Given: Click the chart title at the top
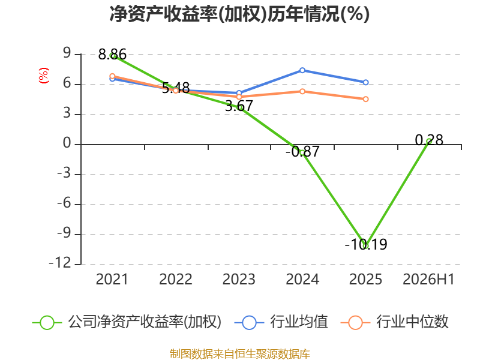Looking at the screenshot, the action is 239,14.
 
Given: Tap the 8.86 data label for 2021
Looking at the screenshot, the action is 112,55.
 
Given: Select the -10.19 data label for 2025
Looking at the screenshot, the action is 366,244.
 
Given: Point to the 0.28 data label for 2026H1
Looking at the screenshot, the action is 429,140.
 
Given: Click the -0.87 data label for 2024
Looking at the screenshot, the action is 302,151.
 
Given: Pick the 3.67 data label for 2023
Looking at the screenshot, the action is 239,106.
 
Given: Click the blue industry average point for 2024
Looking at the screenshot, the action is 302,70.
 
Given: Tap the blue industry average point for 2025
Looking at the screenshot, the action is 366,82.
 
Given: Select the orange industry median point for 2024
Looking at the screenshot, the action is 302,92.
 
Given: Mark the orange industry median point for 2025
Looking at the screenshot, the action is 366,99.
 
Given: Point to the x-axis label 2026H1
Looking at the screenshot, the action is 428,280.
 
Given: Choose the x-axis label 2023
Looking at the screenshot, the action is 239,280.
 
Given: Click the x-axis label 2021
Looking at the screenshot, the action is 112,280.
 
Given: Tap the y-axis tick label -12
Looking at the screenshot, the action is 60,263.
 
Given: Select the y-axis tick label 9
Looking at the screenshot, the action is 67,53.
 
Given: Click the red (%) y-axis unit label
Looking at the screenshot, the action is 43,76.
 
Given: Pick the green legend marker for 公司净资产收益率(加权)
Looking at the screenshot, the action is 47,323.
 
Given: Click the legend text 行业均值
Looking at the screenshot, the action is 299,322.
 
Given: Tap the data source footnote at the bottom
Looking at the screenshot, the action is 240,354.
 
